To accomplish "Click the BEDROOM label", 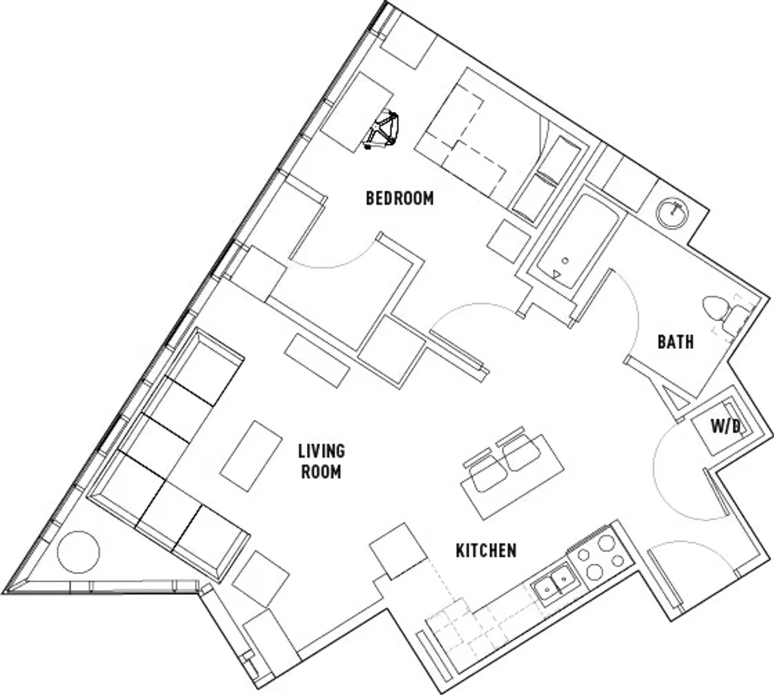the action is pos(400,198).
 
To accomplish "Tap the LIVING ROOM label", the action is pos(321,461).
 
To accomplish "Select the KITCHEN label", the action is pos(486,551).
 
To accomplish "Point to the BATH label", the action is pos(675,342).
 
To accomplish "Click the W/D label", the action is pos(726,427).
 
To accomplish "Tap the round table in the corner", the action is pos(79,551).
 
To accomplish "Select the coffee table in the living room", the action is pos(251,456).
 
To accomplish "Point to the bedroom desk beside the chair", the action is pos(357,113).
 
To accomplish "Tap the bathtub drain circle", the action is pos(565,261).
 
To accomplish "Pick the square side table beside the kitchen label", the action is pos(397,551).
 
